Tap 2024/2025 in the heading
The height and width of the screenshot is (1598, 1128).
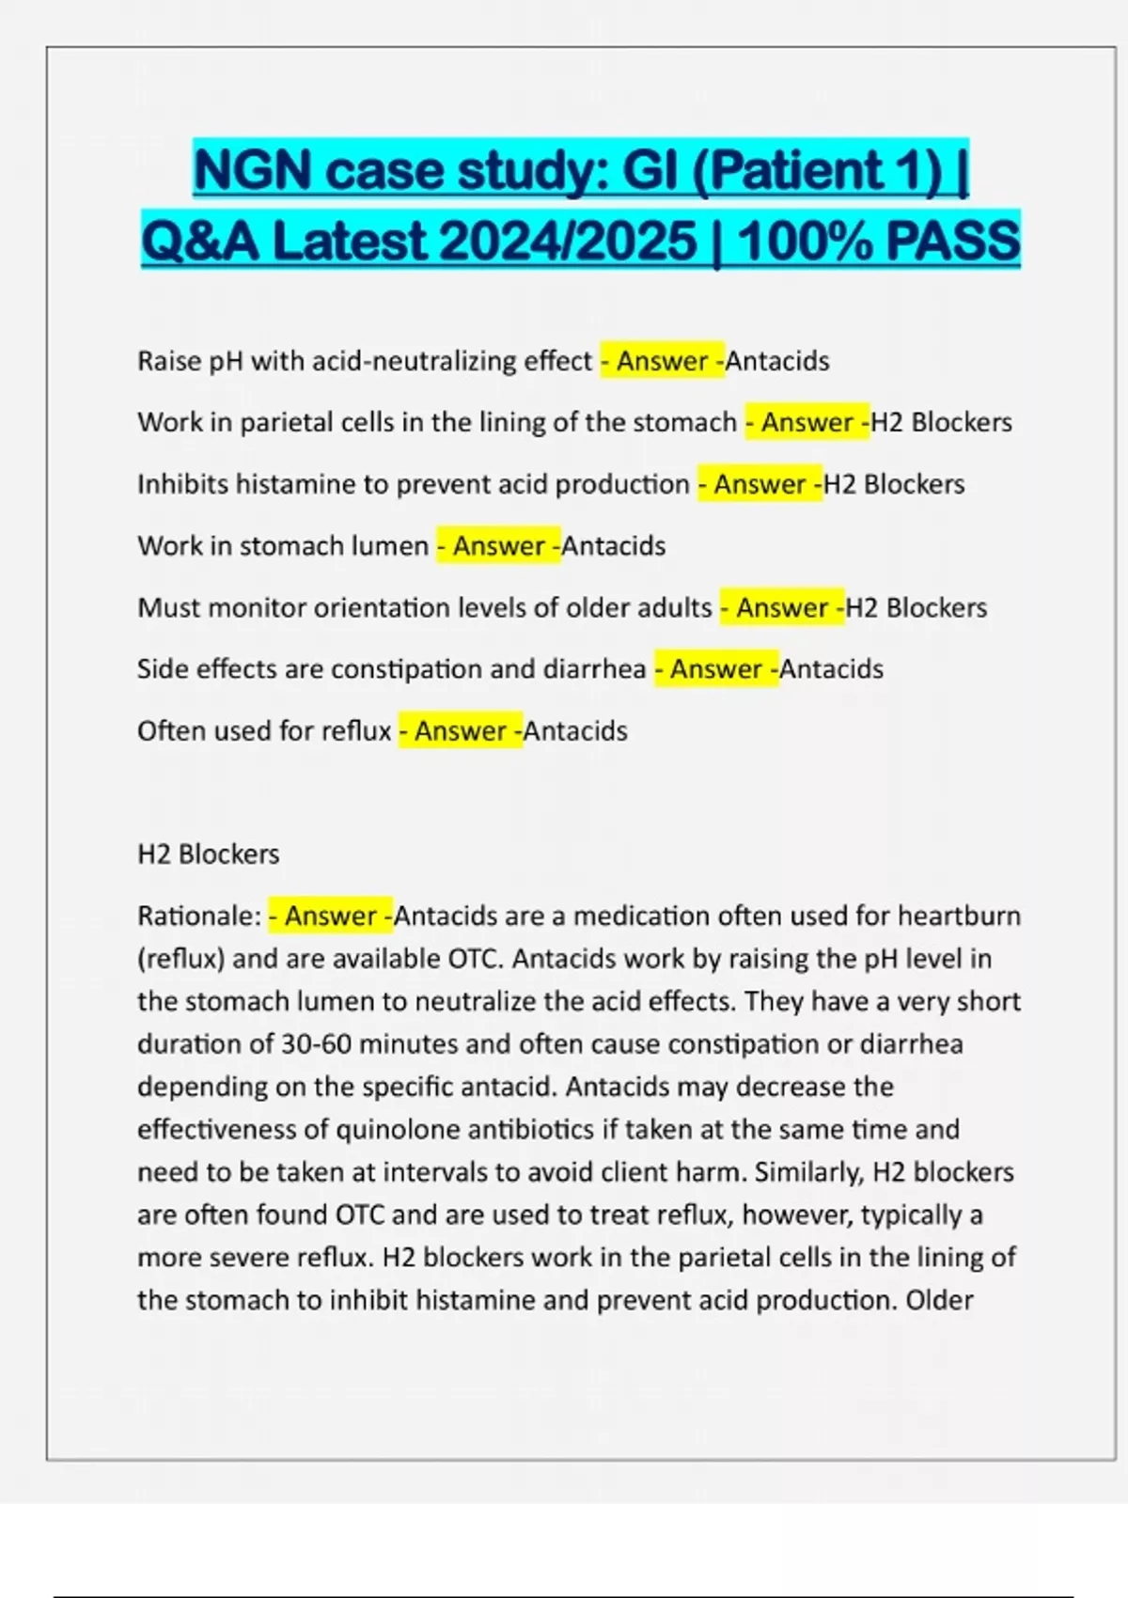(568, 242)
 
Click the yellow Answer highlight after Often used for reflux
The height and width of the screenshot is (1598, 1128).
(461, 730)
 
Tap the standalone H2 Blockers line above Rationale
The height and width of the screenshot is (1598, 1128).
(208, 854)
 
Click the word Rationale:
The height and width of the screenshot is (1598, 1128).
(199, 916)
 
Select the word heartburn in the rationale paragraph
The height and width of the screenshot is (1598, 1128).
(959, 916)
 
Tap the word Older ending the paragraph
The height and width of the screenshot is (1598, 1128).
(939, 1300)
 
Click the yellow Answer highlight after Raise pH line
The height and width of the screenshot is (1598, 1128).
(663, 361)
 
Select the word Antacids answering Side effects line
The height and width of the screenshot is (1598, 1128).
(832, 669)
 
